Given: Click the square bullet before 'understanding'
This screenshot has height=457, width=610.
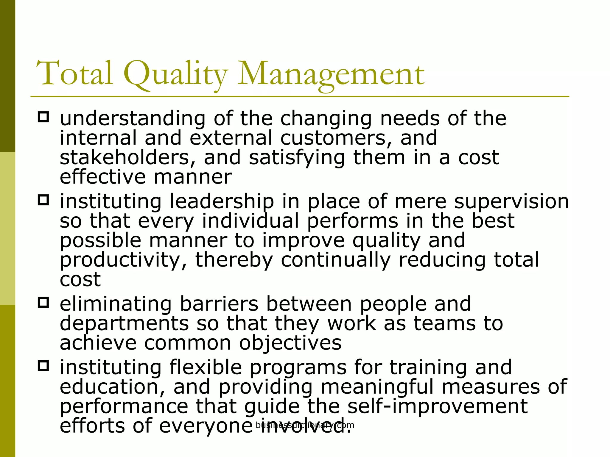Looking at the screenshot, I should click(x=43, y=117).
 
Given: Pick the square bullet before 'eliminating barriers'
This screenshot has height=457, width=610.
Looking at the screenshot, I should click(x=43, y=303).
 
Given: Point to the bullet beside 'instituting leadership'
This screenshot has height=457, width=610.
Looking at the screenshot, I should click(x=43, y=200).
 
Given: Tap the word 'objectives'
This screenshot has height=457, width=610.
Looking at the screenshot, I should click(x=290, y=343).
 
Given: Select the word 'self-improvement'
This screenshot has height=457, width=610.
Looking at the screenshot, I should click(x=438, y=407).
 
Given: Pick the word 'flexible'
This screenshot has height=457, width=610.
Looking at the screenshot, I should click(x=206, y=367).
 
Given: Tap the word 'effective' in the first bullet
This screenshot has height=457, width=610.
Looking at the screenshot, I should click(x=103, y=177).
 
